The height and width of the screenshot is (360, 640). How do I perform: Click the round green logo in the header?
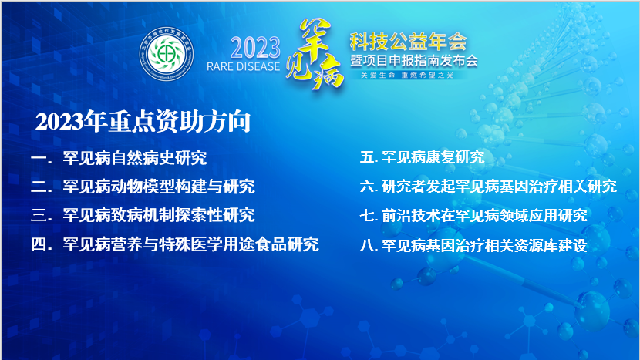pos(166,53)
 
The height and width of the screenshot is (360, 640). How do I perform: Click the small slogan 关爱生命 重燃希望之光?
pos(409,76)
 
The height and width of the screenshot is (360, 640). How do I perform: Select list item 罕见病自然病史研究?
pos(135,159)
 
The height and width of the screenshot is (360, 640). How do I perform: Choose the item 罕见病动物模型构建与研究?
pos(159,187)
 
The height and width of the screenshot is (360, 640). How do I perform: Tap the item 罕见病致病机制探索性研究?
pos(159,214)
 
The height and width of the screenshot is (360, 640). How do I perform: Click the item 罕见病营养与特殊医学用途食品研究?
pos(190,244)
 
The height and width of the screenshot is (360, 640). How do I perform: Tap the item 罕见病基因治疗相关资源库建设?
pos(484,246)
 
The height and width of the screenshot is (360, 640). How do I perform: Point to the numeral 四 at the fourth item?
pos(39,245)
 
